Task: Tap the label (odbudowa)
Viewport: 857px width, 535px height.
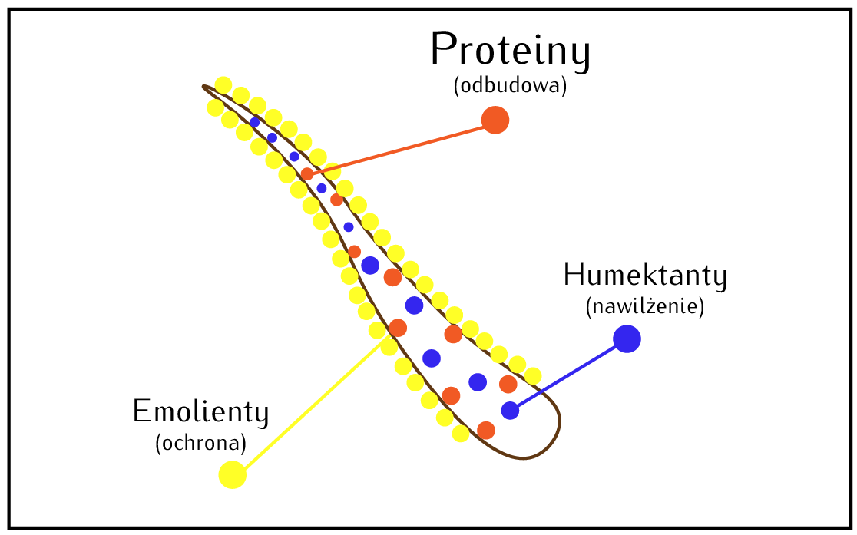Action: point(510,86)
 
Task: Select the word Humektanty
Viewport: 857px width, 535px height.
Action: point(644,276)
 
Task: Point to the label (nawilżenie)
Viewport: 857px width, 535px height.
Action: point(644,308)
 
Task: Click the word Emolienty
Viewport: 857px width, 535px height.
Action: point(200,412)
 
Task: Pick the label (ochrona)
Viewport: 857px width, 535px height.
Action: point(200,444)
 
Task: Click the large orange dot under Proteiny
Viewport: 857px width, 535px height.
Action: point(495,120)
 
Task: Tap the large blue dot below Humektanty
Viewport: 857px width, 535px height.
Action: point(627,339)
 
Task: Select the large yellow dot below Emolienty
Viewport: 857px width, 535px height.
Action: point(232,474)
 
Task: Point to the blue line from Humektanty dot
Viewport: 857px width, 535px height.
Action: point(568,375)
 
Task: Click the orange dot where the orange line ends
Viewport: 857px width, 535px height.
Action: point(307,174)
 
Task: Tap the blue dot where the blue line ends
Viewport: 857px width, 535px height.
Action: point(510,411)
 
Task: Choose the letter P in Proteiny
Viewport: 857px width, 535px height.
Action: point(444,51)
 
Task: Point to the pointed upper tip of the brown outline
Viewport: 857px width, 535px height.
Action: point(205,88)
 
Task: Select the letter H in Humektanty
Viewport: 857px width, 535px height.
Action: point(574,276)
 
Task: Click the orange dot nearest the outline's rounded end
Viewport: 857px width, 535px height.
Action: point(485,430)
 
